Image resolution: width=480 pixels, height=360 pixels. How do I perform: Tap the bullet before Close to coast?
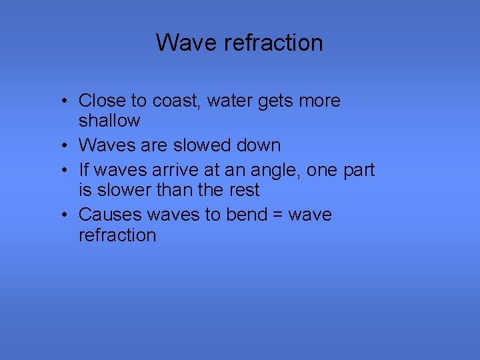click(x=61, y=101)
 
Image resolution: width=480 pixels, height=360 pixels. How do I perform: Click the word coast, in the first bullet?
click(x=177, y=101)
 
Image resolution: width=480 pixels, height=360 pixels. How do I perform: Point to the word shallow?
click(x=109, y=121)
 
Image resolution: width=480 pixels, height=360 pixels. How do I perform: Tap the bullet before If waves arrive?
click(x=61, y=171)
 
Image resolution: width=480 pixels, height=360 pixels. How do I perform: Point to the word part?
click(x=359, y=171)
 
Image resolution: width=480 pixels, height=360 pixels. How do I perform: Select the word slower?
click(x=124, y=190)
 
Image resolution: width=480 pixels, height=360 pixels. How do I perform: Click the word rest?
click(x=243, y=190)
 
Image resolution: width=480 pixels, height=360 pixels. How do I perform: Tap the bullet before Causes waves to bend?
click(x=61, y=215)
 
